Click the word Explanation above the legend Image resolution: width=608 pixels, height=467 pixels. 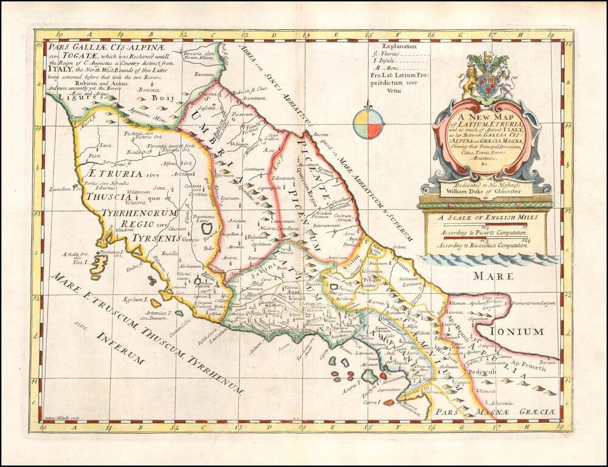pyautogui.click(x=399, y=46)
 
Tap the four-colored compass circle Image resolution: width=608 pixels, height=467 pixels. pyautogui.click(x=369, y=123)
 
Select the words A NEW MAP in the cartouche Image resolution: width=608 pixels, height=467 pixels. pyautogui.click(x=485, y=119)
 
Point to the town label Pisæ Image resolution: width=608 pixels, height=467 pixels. pyautogui.click(x=94, y=156)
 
